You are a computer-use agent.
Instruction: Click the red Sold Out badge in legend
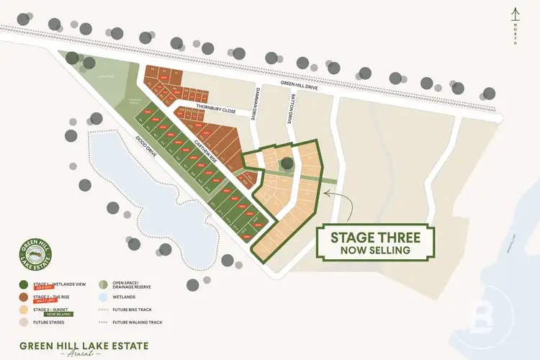(42, 287)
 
